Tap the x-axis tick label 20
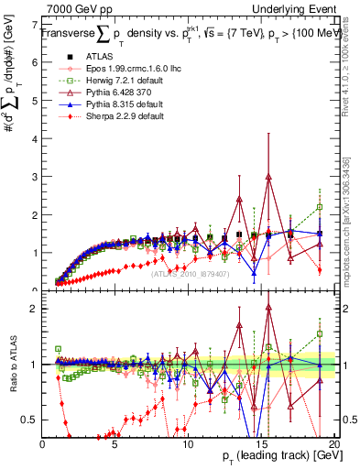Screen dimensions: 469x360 point(333,443)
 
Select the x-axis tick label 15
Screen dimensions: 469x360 point(260,443)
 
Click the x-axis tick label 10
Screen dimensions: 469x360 point(188,443)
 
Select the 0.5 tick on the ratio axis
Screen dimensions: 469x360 point(30,420)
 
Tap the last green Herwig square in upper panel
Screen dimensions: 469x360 point(319,207)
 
